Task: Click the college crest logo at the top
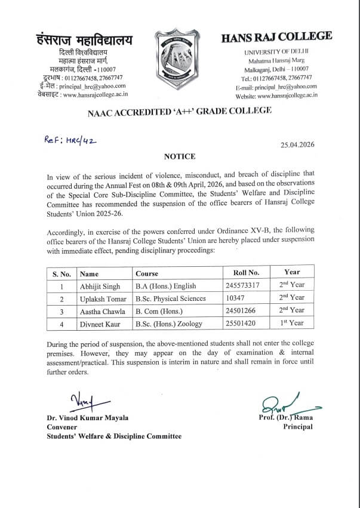coord(180,57)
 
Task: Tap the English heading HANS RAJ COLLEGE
coord(276,37)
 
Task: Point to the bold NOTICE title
coord(180,156)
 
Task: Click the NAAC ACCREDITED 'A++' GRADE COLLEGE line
coord(179,110)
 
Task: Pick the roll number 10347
coord(238,298)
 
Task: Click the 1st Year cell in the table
coord(293,323)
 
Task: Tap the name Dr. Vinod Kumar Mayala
coord(88,418)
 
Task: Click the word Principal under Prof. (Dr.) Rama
coord(297,427)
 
